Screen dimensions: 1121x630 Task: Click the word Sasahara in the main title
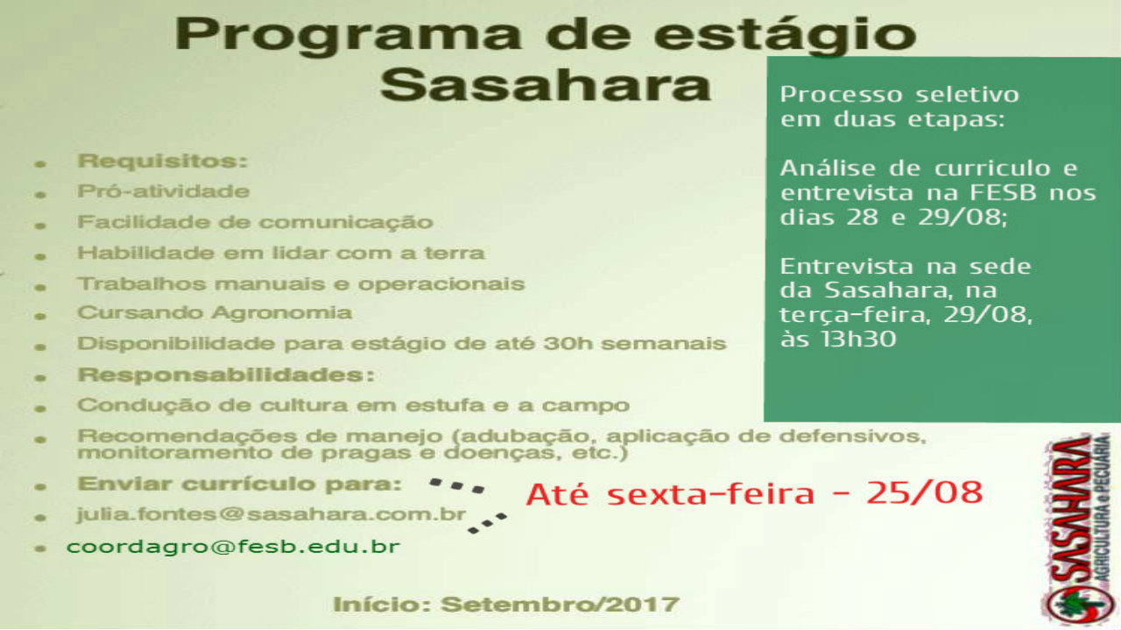tap(546, 85)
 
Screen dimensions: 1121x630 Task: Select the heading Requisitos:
tap(163, 162)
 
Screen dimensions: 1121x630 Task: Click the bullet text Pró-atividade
tap(164, 192)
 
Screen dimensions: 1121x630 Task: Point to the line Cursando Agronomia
tap(215, 313)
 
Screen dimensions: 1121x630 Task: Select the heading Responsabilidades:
tap(226, 375)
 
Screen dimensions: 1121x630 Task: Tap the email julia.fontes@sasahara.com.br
tap(271, 515)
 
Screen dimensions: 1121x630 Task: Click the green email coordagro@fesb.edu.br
tap(233, 547)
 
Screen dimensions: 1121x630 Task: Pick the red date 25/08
tap(925, 493)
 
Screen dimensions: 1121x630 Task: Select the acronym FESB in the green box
tap(1003, 192)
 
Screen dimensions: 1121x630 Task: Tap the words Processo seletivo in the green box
tap(899, 94)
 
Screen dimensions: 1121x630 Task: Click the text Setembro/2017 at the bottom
tap(560, 605)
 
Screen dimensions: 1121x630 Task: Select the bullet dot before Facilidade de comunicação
tap(40, 226)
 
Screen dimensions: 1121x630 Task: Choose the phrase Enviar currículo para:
tap(240, 484)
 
